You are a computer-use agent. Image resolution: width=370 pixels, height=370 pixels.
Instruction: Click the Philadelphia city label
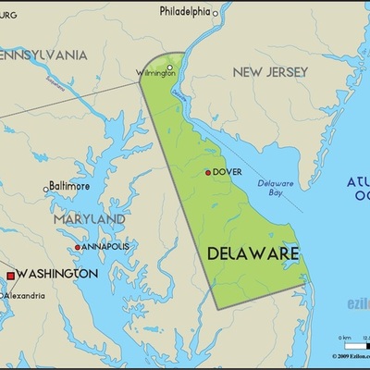184,12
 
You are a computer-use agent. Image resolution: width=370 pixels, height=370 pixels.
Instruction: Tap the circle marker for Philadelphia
216,13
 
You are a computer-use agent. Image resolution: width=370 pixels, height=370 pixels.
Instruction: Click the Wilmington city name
154,72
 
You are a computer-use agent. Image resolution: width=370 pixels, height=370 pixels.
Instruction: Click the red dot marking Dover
208,172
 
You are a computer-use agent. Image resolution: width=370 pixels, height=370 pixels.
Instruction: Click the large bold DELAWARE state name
252,253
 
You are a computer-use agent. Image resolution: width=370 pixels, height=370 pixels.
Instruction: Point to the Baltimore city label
69,186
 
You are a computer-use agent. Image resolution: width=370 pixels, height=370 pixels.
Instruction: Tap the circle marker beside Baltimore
45,189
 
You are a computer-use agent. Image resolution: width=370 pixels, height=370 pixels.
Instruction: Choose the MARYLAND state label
89,218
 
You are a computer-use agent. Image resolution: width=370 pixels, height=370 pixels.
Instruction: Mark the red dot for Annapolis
78,247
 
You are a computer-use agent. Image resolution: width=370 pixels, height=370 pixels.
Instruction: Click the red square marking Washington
10,275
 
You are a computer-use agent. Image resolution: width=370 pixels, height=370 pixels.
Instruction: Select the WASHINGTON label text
57,275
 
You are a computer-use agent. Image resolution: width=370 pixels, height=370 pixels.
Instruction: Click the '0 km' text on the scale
344,338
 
